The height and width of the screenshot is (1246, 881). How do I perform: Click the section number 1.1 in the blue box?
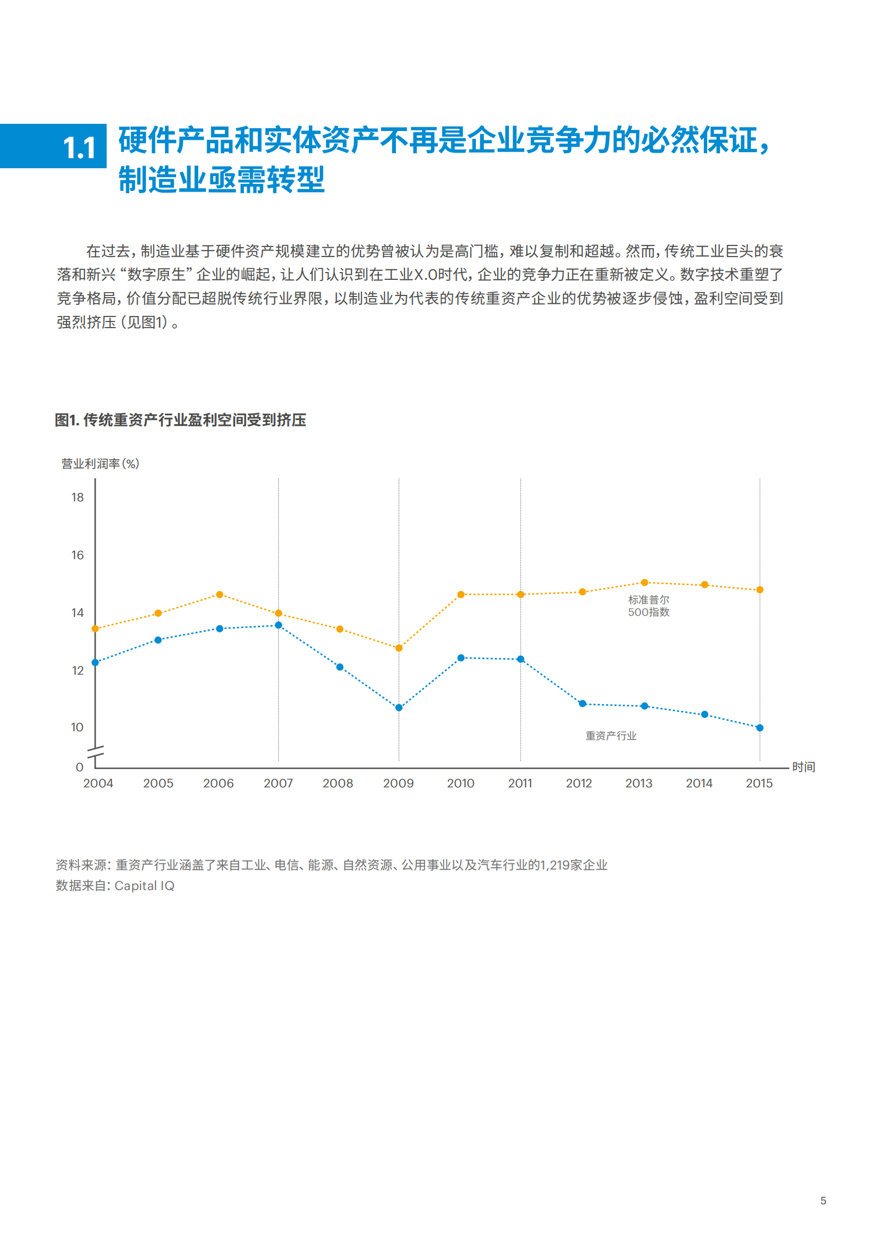click(80, 148)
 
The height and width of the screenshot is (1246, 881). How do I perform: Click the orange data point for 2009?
click(399, 648)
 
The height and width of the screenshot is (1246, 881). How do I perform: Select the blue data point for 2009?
click(399, 707)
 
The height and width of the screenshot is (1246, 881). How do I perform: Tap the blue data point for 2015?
click(760, 727)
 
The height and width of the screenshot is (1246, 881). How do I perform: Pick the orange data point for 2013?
click(644, 582)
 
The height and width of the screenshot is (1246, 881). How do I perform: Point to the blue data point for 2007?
click(279, 625)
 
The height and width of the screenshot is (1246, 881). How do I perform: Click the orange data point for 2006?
click(219, 595)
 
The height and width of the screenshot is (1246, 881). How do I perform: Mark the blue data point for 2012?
click(582, 704)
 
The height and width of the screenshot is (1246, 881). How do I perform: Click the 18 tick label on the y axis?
click(77, 498)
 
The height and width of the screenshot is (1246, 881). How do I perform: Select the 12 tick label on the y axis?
click(77, 671)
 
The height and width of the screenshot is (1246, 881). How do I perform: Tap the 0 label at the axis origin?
click(79, 767)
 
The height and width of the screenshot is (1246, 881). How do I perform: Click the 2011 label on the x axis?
click(520, 783)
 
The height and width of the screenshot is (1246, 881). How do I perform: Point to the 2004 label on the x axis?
click(98, 783)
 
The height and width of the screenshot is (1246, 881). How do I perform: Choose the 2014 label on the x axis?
click(699, 783)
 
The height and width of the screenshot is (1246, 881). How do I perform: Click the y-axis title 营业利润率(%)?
click(100, 464)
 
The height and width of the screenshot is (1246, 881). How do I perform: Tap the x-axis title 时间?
click(803, 767)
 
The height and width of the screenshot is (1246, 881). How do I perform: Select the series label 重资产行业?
click(610, 736)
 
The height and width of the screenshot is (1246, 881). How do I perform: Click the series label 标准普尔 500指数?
click(648, 606)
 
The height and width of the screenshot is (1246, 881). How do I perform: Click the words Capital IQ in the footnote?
click(144, 886)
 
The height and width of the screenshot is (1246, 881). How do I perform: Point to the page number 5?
click(823, 1200)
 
